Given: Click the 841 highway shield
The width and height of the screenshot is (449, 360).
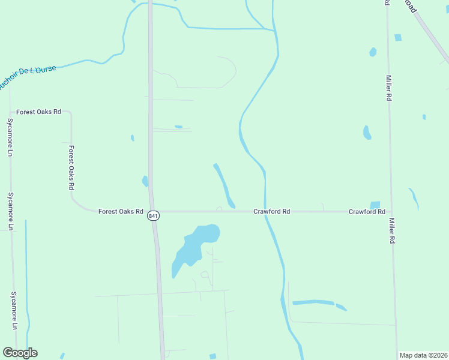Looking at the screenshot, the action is (x=154, y=216).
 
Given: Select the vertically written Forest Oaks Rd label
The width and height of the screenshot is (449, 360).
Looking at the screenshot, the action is (x=71, y=168).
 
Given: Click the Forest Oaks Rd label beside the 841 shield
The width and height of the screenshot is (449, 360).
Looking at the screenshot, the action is (x=121, y=212).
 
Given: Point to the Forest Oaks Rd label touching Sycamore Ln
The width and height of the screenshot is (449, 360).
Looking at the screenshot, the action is (x=39, y=112).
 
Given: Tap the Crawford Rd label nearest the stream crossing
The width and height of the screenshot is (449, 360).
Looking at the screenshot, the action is (x=272, y=212).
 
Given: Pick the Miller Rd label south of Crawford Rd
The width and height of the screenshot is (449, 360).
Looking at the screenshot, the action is (x=391, y=230).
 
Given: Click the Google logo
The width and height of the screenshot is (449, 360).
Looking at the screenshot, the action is (x=20, y=353).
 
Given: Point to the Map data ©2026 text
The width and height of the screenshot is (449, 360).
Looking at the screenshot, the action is (x=423, y=355).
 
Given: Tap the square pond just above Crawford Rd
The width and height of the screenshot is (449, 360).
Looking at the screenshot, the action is (x=375, y=205).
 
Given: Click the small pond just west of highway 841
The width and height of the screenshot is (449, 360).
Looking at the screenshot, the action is (x=145, y=181).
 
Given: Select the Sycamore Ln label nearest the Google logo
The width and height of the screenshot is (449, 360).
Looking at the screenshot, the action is (x=13, y=310).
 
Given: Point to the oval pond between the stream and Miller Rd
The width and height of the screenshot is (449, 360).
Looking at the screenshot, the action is (x=367, y=133).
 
